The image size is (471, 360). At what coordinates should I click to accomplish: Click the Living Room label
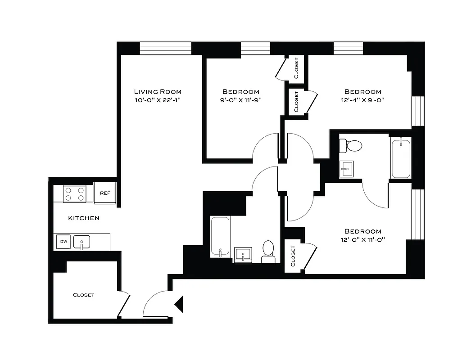click(x=157, y=91)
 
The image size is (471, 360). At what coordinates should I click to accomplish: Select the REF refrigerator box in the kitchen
click(x=105, y=193)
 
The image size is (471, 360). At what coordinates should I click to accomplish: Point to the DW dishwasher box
click(x=63, y=242)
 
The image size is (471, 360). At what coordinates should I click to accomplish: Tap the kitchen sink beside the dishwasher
click(x=82, y=242)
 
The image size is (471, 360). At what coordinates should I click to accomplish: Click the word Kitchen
click(x=83, y=218)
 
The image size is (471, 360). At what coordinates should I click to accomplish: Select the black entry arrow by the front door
click(x=179, y=304)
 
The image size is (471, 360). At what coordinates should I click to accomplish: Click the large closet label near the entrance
click(x=84, y=295)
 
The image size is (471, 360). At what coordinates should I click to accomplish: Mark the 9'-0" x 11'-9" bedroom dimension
click(x=241, y=100)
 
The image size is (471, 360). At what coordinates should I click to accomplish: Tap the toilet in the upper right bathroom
click(x=351, y=145)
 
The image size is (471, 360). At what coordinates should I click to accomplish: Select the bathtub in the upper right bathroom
click(x=401, y=158)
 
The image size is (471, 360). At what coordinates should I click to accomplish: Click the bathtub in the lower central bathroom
click(x=221, y=237)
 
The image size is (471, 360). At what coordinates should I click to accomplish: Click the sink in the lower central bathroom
click(x=244, y=255)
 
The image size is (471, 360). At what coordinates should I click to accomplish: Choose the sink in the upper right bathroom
click(x=346, y=170)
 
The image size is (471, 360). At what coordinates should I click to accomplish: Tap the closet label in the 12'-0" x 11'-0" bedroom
click(x=293, y=256)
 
